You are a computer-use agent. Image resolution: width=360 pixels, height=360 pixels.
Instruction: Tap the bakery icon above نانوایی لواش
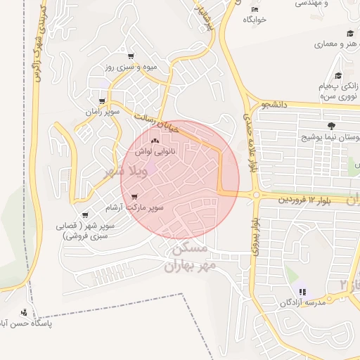(154, 141)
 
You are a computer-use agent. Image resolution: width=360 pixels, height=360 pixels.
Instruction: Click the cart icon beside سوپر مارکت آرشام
(134, 197)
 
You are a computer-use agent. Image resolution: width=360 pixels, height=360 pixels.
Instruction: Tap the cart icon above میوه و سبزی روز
(130, 56)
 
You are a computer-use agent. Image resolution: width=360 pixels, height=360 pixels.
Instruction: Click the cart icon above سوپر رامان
(103, 101)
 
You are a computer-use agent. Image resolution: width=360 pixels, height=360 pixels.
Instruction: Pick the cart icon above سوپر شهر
(85, 215)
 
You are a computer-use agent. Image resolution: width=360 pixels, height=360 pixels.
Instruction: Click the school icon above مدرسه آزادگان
(302, 292)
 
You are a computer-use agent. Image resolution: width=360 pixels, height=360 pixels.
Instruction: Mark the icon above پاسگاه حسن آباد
(25, 312)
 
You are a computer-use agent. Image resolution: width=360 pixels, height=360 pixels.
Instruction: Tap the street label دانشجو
(271, 105)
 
